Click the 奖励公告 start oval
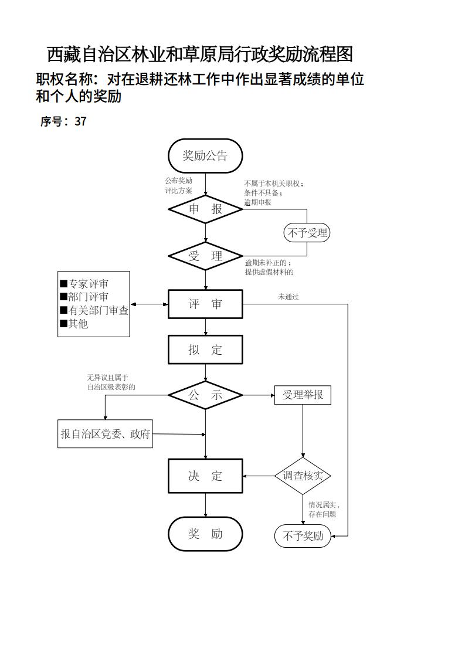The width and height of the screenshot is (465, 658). click(x=205, y=156)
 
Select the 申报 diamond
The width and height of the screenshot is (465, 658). click(x=205, y=209)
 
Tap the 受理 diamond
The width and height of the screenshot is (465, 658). click(x=205, y=256)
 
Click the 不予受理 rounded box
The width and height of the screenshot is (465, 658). click(x=306, y=233)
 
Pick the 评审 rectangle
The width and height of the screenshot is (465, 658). click(x=205, y=304)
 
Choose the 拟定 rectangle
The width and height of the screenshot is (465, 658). click(x=205, y=350)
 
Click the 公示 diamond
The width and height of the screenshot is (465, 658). click(x=205, y=395)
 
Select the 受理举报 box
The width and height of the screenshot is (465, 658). click(x=303, y=395)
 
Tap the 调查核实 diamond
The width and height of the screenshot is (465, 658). click(x=303, y=476)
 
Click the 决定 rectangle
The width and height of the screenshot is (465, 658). click(x=205, y=476)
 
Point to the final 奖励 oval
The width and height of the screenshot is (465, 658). click(x=205, y=534)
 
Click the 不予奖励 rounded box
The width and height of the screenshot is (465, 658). click(x=303, y=536)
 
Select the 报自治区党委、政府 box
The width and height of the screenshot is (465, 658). click(x=105, y=435)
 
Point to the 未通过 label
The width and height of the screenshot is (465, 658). click(x=288, y=297)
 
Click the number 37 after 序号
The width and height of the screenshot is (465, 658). click(x=80, y=122)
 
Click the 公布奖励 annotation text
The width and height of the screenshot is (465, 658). click(x=178, y=181)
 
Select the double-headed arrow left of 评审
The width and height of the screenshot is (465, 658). click(x=149, y=304)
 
